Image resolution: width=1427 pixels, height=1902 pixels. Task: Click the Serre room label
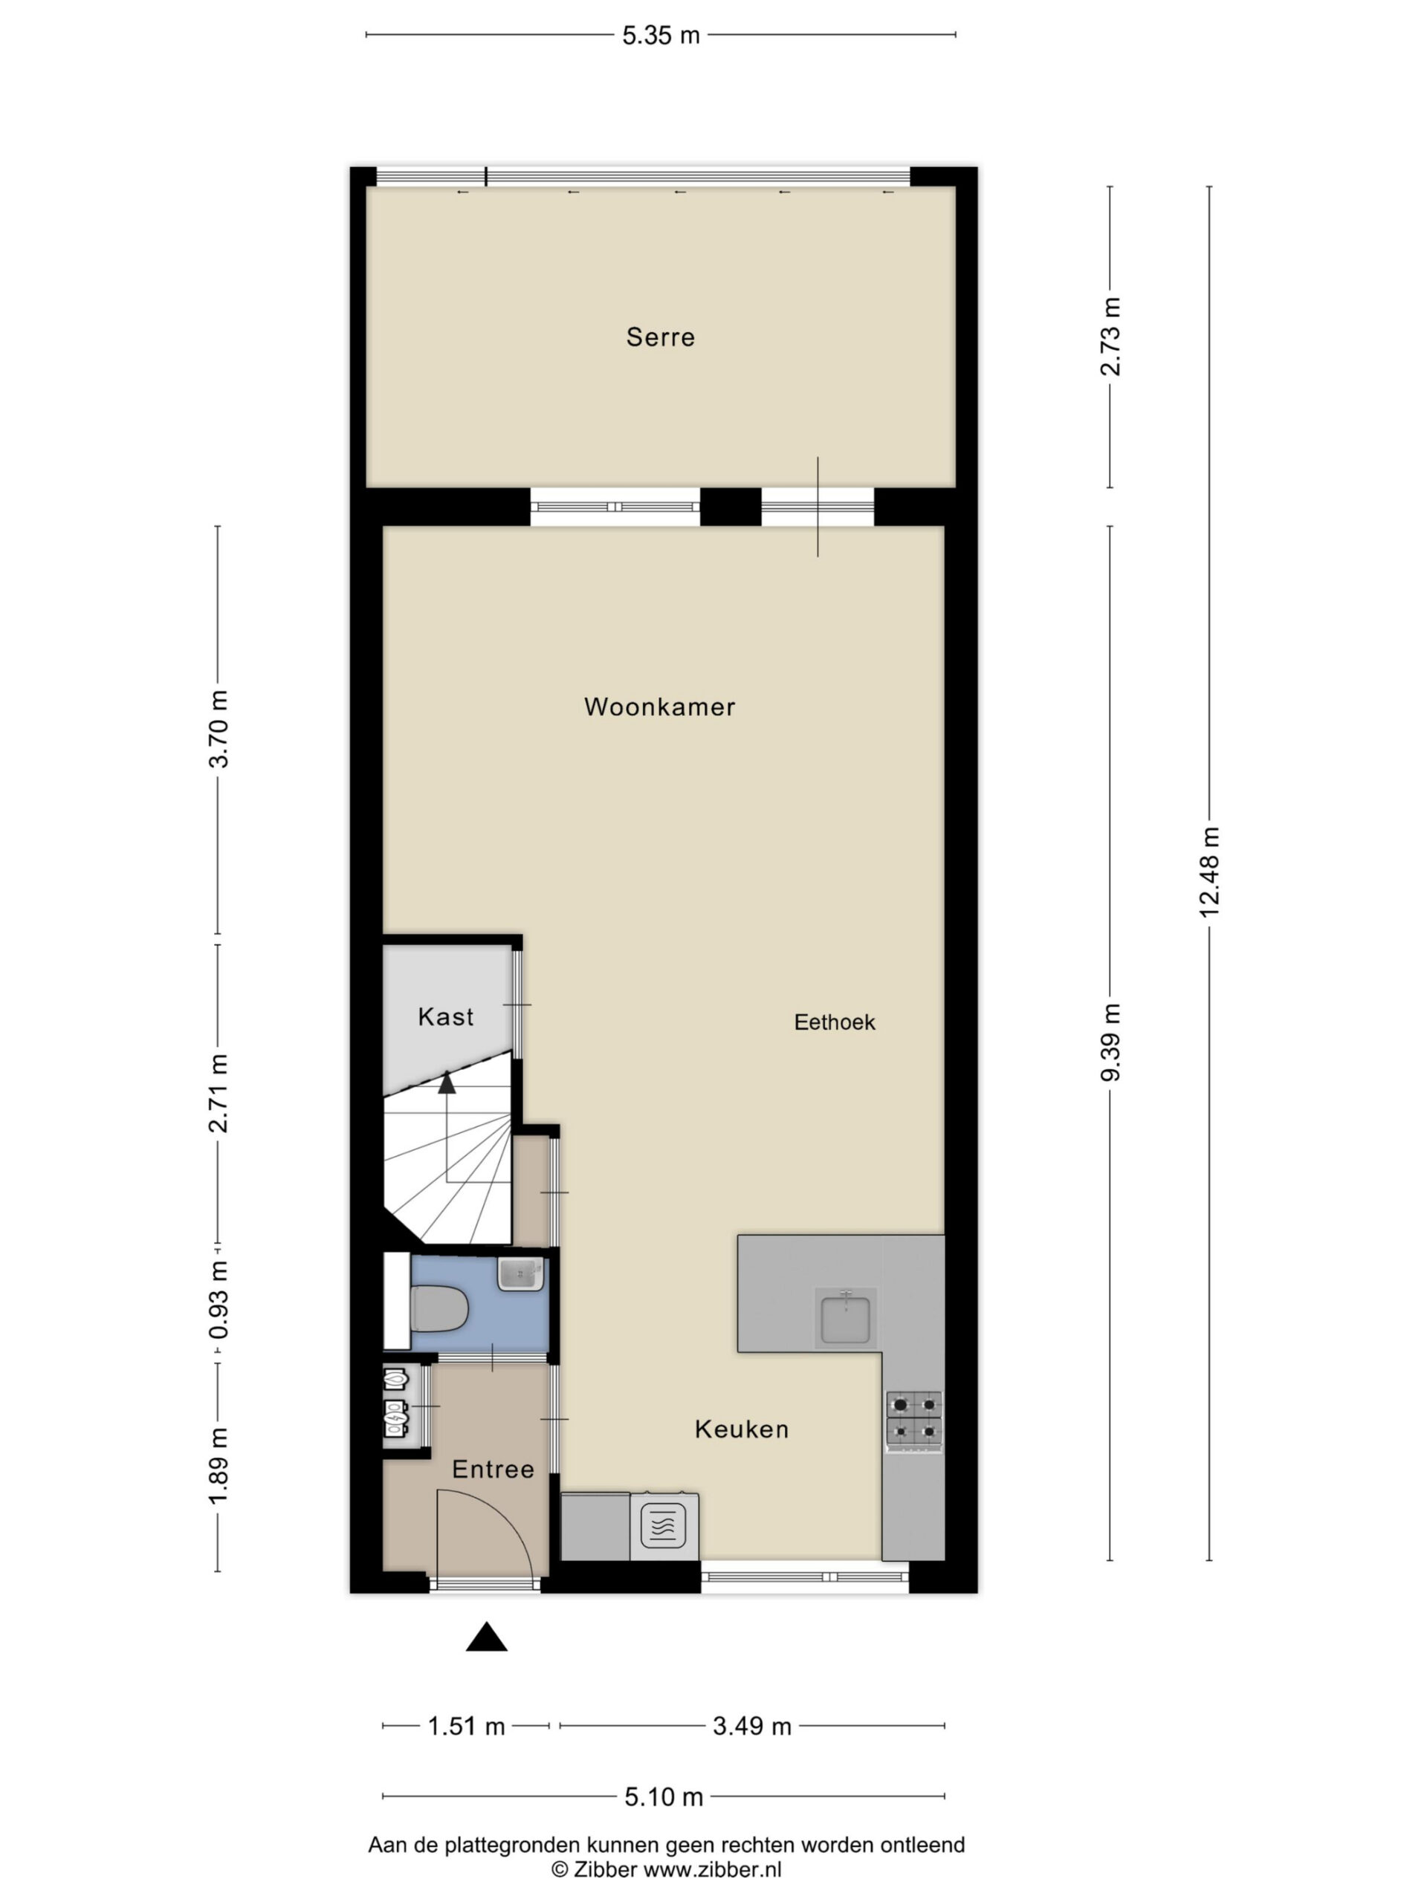click(660, 337)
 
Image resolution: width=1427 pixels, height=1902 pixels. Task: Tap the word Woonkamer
click(660, 707)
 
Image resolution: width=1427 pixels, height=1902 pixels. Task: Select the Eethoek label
click(835, 1022)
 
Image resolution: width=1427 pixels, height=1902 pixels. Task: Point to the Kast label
click(445, 1017)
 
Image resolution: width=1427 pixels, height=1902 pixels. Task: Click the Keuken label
click(742, 1429)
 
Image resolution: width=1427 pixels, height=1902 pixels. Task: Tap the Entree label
click(493, 1470)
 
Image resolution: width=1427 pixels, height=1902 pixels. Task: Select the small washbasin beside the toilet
click(520, 1273)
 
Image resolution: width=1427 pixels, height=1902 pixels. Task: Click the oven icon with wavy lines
click(663, 1526)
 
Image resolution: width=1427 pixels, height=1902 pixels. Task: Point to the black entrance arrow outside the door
click(486, 1636)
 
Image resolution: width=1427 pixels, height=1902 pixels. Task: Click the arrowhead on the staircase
click(447, 1083)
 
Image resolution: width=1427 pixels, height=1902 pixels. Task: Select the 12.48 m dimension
click(1208, 872)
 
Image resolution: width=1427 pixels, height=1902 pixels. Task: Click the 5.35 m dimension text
click(661, 35)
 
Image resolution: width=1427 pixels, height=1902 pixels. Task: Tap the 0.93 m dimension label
click(219, 1299)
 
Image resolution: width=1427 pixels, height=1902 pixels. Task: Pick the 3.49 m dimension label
click(752, 1726)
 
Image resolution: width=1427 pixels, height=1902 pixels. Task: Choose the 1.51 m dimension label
click(466, 1726)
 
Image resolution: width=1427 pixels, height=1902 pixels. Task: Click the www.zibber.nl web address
click(712, 1869)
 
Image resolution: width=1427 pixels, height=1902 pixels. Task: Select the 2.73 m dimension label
click(1110, 337)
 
